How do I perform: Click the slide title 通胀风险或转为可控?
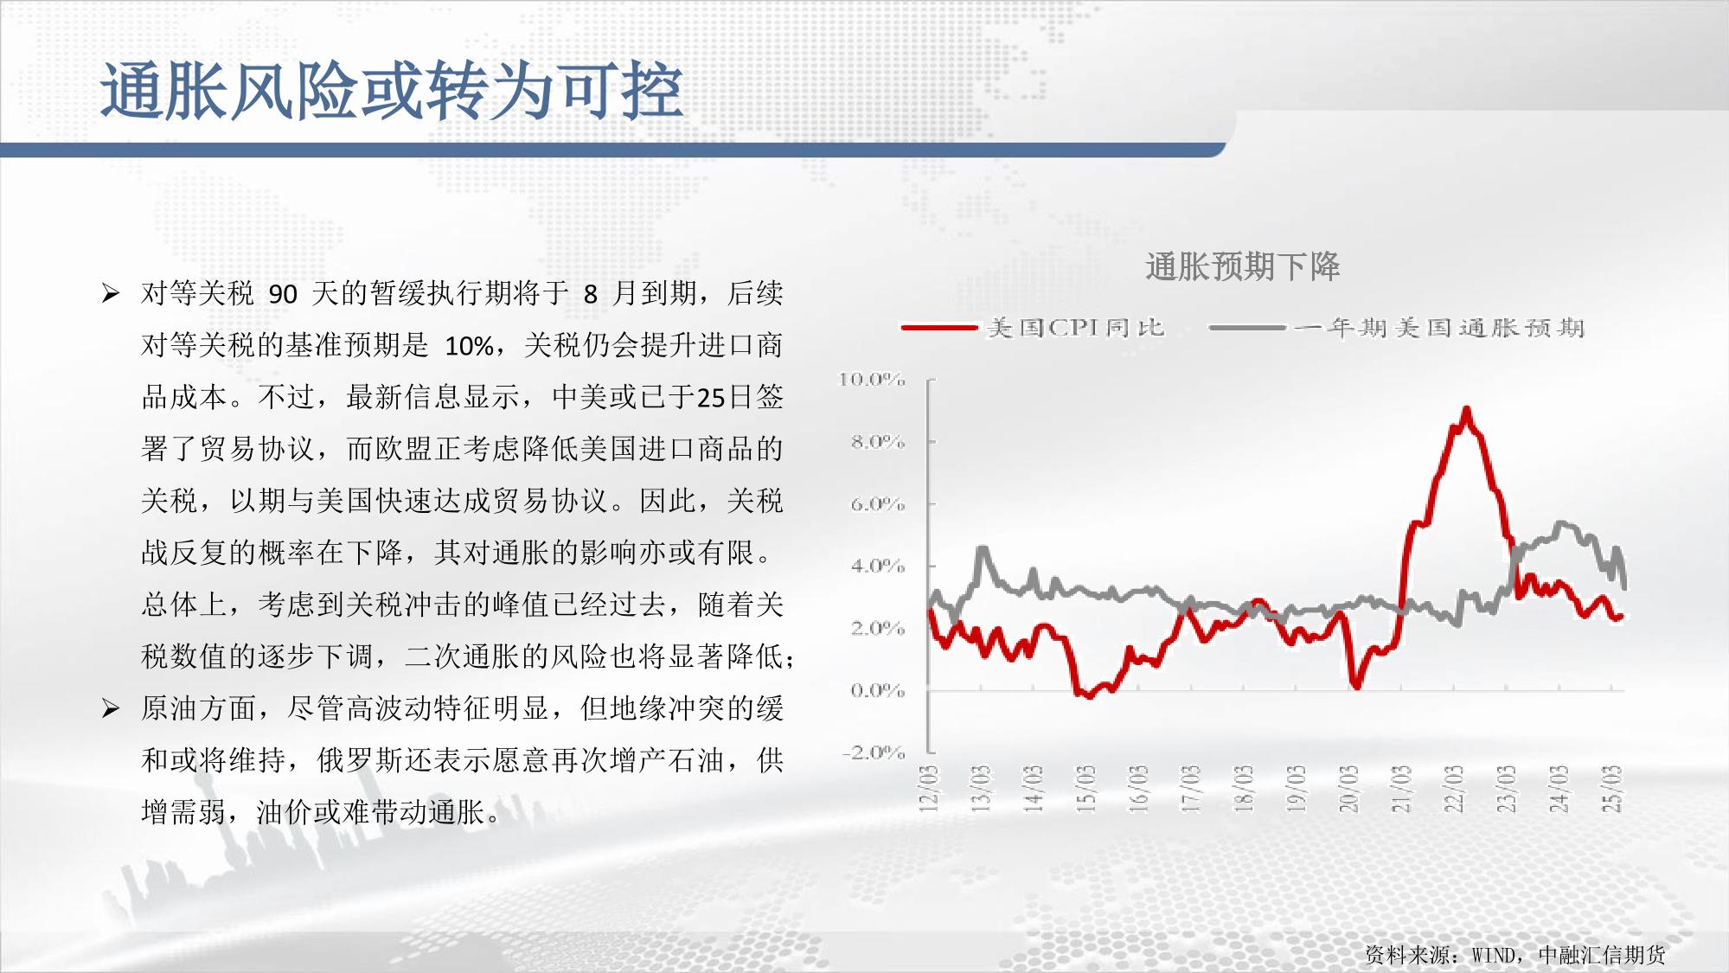pos(392,90)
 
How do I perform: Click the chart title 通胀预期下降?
pos(1242,266)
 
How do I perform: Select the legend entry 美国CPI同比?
pos(1034,328)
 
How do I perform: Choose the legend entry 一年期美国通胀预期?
pos(1396,328)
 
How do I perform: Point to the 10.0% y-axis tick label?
pos(872,379)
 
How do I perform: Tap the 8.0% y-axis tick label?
pos(877,441)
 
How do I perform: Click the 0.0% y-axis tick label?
pos(877,690)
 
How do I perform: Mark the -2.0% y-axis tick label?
pos(874,752)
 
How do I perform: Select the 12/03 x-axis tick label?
pos(929,789)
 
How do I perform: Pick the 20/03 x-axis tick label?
pos(1348,789)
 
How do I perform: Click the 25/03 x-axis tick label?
pos(1613,789)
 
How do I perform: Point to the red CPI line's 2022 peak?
pos(1465,409)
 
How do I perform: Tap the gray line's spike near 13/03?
pos(982,548)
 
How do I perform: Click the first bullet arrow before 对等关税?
pos(110,293)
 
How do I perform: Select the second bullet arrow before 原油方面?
pos(110,709)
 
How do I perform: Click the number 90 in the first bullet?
pos(283,295)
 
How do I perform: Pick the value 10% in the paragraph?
pos(469,347)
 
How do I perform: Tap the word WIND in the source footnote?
pos(1494,955)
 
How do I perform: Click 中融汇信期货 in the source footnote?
pos(1602,955)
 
